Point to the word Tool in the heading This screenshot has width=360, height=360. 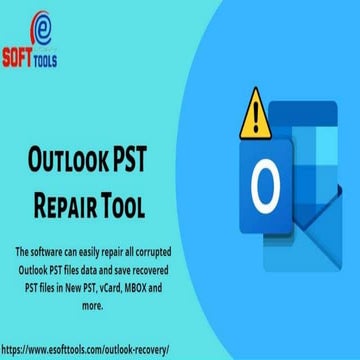[x=145, y=207]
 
